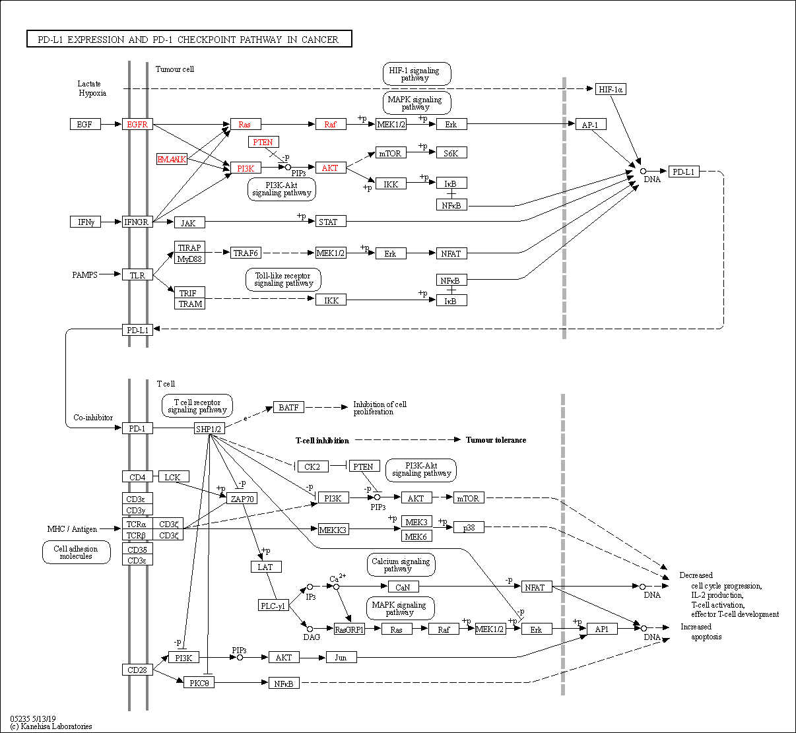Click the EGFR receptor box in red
pyautogui.click(x=137, y=124)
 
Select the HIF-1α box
pyautogui.click(x=611, y=89)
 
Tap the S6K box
pyautogui.click(x=451, y=153)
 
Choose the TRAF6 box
pyautogui.click(x=246, y=253)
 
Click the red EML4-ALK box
pyautogui.click(x=172, y=159)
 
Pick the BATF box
pyautogui.click(x=288, y=407)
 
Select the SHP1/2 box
pyautogui.click(x=209, y=429)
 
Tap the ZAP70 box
pyautogui.click(x=242, y=499)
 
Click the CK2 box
pyautogui.click(x=312, y=466)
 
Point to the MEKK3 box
pyautogui.click(x=333, y=529)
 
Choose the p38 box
pyautogui.click(x=469, y=527)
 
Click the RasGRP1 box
pyautogui.click(x=349, y=629)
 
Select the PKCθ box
pyautogui.click(x=199, y=682)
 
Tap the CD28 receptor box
pyautogui.click(x=137, y=670)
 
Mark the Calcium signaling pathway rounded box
pyautogui.click(x=401, y=565)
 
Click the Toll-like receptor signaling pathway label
pyautogui.click(x=283, y=280)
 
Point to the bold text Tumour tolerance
pyautogui.click(x=496, y=440)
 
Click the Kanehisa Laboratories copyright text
pyautogui.click(x=51, y=726)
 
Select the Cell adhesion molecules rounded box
pyautogui.click(x=76, y=552)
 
